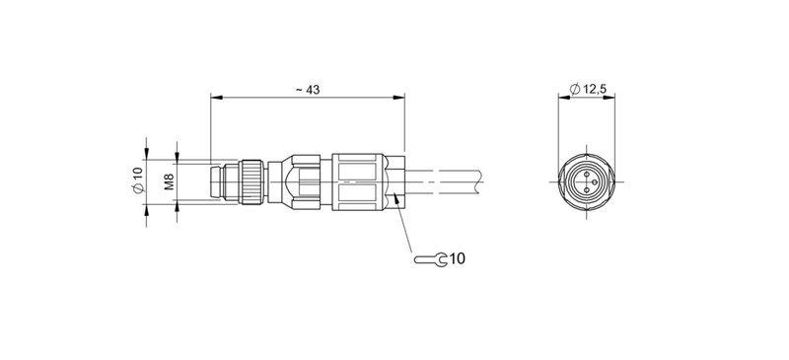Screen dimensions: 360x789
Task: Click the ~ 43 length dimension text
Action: (x=308, y=90)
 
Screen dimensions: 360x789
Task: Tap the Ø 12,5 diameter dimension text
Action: (x=589, y=90)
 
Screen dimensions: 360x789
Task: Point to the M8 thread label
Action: (x=169, y=180)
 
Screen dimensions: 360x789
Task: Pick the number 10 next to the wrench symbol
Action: (x=457, y=259)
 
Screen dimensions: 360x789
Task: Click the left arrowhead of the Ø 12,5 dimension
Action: (x=563, y=98)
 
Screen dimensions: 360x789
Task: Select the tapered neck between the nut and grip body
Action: (x=281, y=180)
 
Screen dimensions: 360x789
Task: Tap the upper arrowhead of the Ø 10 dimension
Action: (x=146, y=162)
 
